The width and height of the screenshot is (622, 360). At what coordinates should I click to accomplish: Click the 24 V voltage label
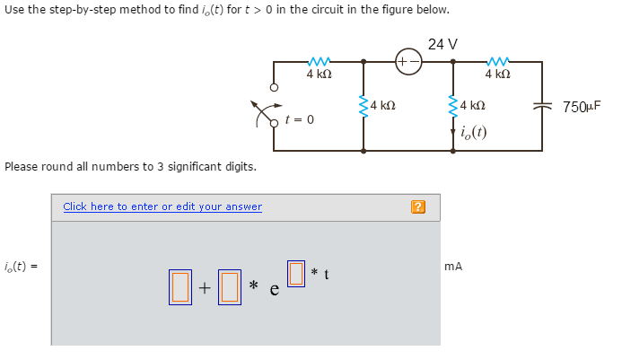click(442, 44)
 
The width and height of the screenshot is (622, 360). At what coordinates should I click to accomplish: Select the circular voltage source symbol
click(407, 63)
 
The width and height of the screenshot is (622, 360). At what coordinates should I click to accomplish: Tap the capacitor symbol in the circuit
click(542, 107)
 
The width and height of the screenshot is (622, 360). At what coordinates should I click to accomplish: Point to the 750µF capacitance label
click(581, 107)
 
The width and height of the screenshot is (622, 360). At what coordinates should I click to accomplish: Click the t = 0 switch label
click(299, 119)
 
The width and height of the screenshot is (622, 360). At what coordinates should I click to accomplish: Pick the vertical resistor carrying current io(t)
click(453, 106)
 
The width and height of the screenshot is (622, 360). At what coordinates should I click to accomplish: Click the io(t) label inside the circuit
click(472, 134)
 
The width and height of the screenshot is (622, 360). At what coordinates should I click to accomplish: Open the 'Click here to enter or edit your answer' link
click(162, 206)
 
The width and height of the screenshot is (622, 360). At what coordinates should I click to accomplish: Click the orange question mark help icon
click(417, 207)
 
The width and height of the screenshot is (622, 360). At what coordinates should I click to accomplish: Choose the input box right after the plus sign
click(230, 286)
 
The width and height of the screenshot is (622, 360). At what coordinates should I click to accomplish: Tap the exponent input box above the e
click(295, 270)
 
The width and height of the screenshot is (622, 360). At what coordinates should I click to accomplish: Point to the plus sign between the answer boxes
click(206, 288)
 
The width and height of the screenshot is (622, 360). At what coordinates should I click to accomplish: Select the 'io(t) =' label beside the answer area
click(22, 267)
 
